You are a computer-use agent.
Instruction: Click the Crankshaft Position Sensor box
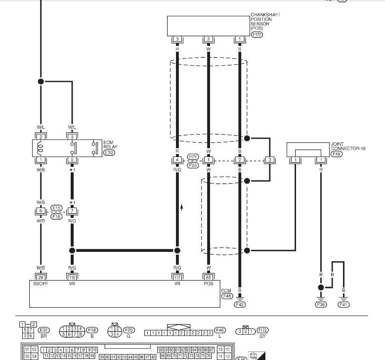208,26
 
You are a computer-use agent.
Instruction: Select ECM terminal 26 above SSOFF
41,277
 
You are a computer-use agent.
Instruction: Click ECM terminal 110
72,277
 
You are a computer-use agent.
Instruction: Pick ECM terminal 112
177,277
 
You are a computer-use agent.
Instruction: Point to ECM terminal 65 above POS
209,277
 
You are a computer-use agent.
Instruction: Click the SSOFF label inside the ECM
41,284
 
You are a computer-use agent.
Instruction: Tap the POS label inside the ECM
209,284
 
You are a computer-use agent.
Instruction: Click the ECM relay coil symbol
41,147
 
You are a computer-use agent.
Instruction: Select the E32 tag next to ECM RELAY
109,153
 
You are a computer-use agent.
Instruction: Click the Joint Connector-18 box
308,149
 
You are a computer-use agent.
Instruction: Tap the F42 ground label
240,305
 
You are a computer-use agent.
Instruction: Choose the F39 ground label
321,305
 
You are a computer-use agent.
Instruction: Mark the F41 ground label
343,305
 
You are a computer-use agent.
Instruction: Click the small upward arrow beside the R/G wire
182,207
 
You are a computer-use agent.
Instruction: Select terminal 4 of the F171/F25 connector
177,160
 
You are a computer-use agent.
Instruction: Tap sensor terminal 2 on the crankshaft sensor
209,39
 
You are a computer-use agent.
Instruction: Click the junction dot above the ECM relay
41,81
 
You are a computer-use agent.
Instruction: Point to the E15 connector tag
56,208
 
